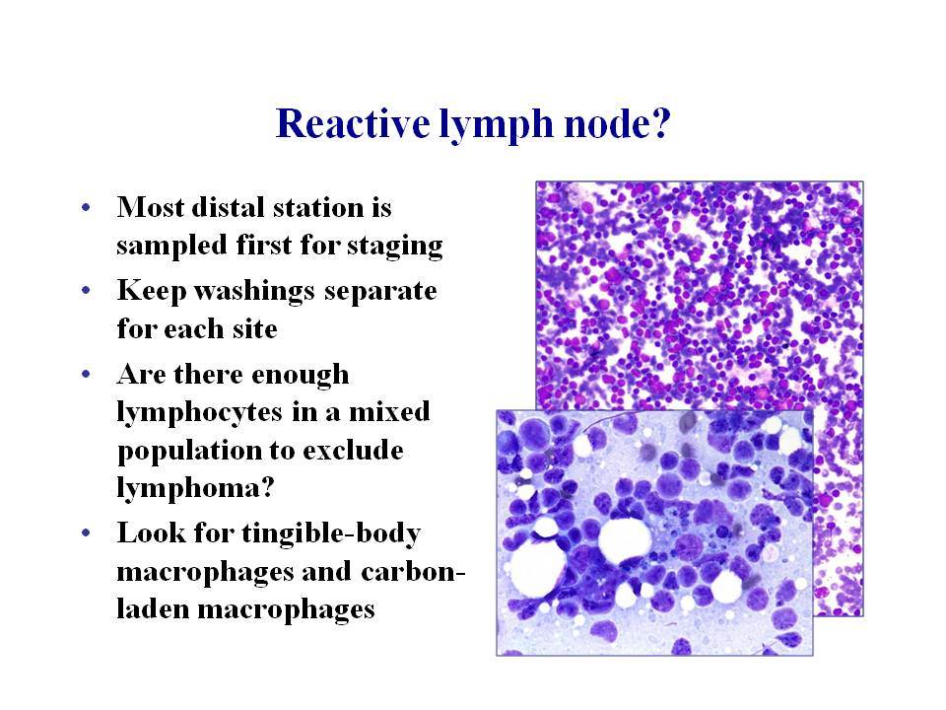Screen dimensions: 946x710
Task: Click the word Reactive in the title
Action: pos(353,123)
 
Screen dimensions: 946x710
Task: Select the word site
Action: pos(255,329)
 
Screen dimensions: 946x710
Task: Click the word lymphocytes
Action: pos(200,413)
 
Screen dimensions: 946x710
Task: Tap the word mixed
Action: pos(390,412)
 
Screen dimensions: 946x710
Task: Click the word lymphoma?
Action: pos(195,488)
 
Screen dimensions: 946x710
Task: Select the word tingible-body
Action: pos(331,534)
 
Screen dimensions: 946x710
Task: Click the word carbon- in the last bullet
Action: pos(413,572)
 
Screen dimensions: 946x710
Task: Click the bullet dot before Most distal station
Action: pos(86,208)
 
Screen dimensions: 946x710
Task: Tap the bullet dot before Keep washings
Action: pos(86,291)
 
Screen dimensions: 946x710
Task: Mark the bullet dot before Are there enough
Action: pos(86,375)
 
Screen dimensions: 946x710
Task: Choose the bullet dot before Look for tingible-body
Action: pos(86,533)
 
